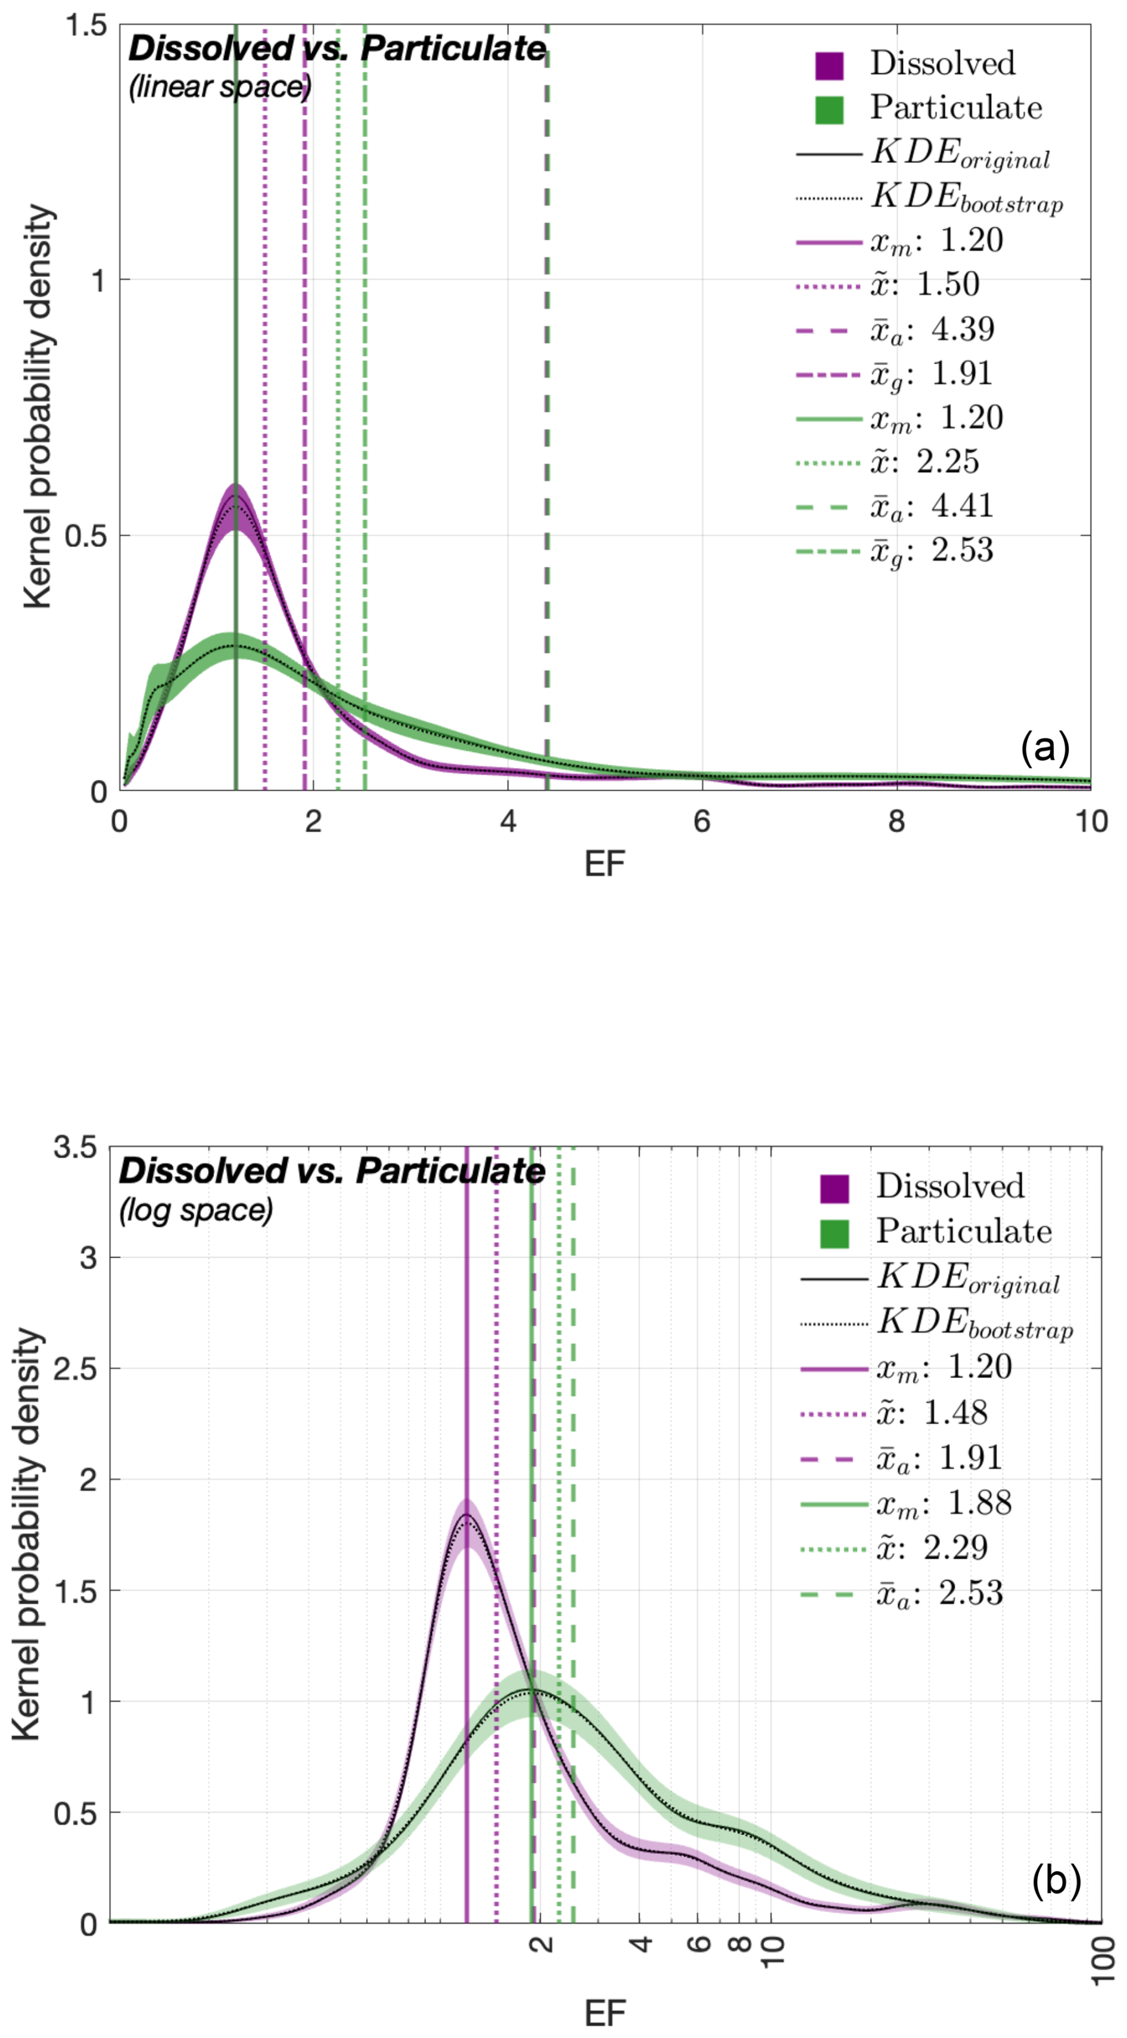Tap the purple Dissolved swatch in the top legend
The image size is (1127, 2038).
pyautogui.click(x=829, y=65)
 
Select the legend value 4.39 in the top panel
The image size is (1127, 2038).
pyautogui.click(x=963, y=329)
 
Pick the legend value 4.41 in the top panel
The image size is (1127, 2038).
pyautogui.click(x=963, y=507)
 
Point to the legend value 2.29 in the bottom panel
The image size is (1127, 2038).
pyautogui.click(x=955, y=1547)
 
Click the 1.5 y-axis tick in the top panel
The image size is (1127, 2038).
pyautogui.click(x=85, y=25)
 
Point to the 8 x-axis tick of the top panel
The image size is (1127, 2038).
pyautogui.click(x=896, y=821)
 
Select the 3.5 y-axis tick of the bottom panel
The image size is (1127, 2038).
pyautogui.click(x=79, y=1147)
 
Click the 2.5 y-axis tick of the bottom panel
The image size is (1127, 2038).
pyautogui.click(x=79, y=1369)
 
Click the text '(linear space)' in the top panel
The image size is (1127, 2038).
pyautogui.click(x=220, y=86)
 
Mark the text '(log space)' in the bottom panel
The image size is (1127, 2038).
pyautogui.click(x=196, y=1210)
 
